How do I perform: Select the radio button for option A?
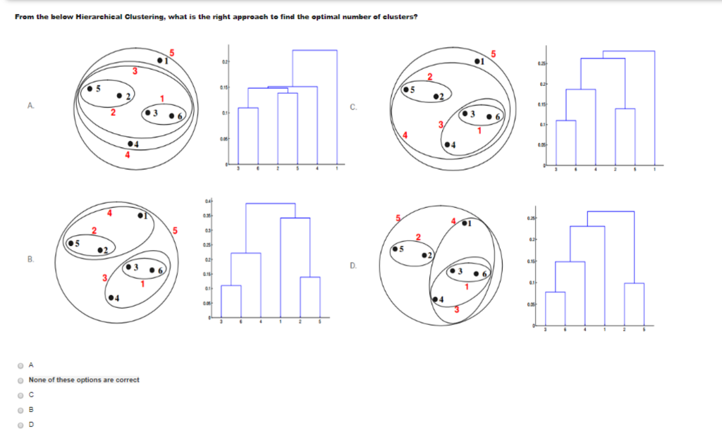pyautogui.click(x=20, y=366)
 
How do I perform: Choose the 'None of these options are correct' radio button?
pyautogui.click(x=20, y=380)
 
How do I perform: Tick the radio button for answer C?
pyautogui.click(x=20, y=394)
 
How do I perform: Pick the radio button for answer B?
pyautogui.click(x=20, y=409)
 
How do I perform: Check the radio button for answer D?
pyautogui.click(x=20, y=424)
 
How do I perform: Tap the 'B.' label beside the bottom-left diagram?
pyautogui.click(x=30, y=259)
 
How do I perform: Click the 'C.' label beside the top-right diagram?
pyautogui.click(x=353, y=107)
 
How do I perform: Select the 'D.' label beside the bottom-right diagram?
pyautogui.click(x=353, y=266)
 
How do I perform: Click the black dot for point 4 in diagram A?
pyautogui.click(x=130, y=144)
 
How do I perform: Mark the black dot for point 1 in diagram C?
pyautogui.click(x=478, y=63)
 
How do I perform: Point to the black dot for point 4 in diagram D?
pyautogui.click(x=436, y=299)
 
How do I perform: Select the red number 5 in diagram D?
pyautogui.click(x=398, y=218)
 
